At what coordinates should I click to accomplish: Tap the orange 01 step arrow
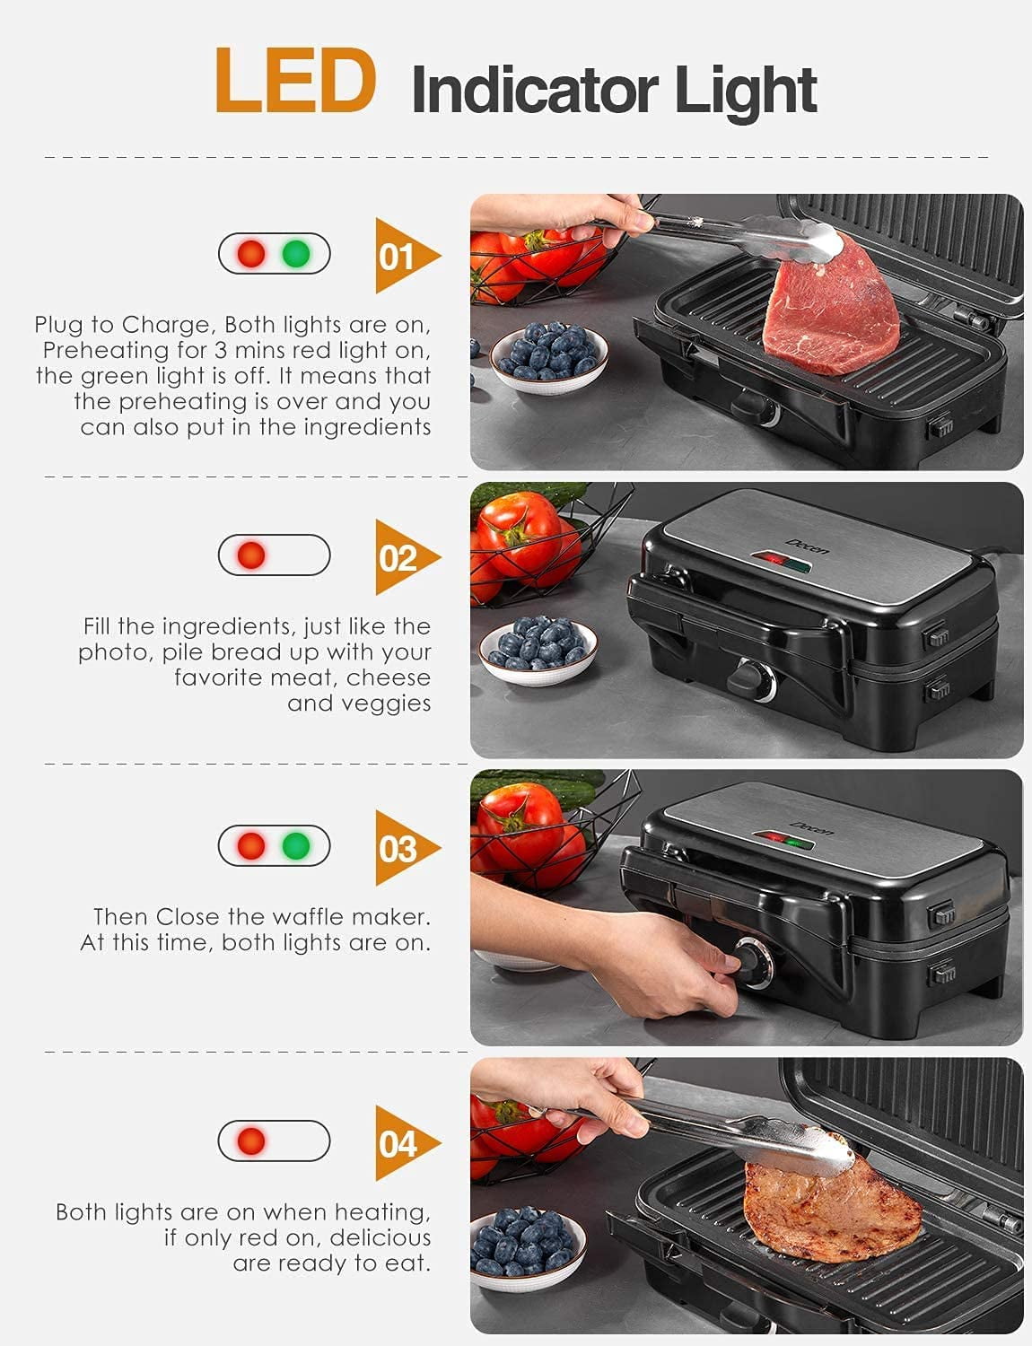(404, 257)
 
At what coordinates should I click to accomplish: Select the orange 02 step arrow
(404, 558)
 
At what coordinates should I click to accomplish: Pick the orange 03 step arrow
(404, 848)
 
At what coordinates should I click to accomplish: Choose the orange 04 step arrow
(404, 1144)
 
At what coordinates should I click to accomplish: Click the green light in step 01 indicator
(296, 254)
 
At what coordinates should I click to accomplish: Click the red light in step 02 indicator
(252, 555)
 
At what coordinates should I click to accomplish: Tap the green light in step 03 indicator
(296, 845)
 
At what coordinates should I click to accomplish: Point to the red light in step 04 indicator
(252, 1141)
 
